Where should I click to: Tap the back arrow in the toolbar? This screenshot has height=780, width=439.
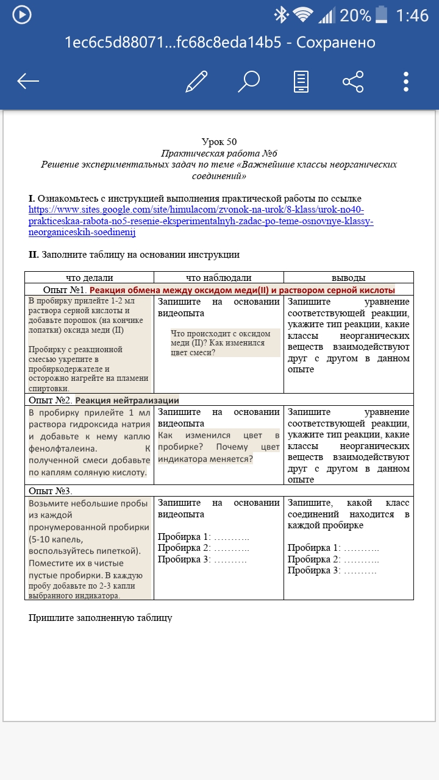pyautogui.click(x=28, y=81)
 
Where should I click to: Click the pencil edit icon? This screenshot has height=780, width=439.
pyautogui.click(x=196, y=81)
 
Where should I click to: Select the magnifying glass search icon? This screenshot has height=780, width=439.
pyautogui.click(x=248, y=81)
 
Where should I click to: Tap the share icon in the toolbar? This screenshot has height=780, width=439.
pyautogui.click(x=353, y=81)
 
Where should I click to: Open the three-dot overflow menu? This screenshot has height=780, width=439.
pyautogui.click(x=406, y=81)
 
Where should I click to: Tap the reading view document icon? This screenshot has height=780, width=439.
pyautogui.click(x=301, y=81)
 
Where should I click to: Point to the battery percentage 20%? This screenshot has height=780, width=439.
pyautogui.click(x=355, y=15)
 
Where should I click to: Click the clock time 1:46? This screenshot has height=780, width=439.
pyautogui.click(x=412, y=15)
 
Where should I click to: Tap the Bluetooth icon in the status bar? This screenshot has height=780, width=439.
pyautogui.click(x=281, y=15)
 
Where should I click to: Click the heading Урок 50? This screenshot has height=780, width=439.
pyautogui.click(x=219, y=142)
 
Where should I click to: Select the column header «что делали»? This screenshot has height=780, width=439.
pyautogui.click(x=89, y=278)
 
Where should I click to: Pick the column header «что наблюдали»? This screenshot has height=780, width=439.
pyautogui.click(x=218, y=278)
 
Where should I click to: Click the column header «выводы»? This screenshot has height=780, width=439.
pyautogui.click(x=348, y=278)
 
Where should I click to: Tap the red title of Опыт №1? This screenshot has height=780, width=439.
pyautogui.click(x=242, y=290)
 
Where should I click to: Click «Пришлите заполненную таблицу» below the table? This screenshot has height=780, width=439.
pyautogui.click(x=101, y=618)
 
